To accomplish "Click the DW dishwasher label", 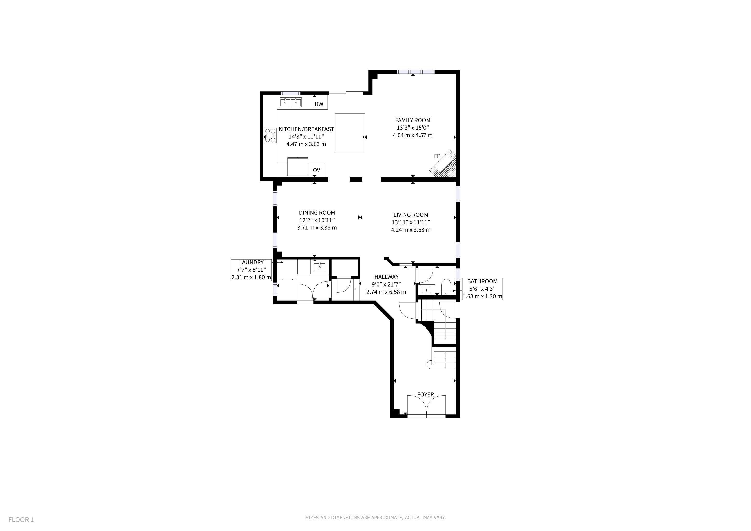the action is (x=319, y=104).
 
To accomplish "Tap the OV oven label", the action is (x=316, y=170).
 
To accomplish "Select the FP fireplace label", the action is (x=437, y=156).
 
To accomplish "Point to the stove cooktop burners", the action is (x=270, y=135).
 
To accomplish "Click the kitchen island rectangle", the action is (x=350, y=133).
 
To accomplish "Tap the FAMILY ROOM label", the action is (x=413, y=120).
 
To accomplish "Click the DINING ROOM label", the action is (x=317, y=213).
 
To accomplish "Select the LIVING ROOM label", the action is (x=411, y=215).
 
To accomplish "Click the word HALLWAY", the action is (x=386, y=277).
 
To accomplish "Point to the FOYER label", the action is (x=425, y=395).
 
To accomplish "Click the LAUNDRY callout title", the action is (x=251, y=262).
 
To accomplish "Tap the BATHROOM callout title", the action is (x=482, y=281).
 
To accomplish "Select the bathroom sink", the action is (x=427, y=290).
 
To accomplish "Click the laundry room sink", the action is (x=319, y=267).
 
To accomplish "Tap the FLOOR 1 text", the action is (x=21, y=520).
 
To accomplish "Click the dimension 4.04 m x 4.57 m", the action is (x=413, y=135).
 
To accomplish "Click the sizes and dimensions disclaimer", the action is (x=375, y=517).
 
